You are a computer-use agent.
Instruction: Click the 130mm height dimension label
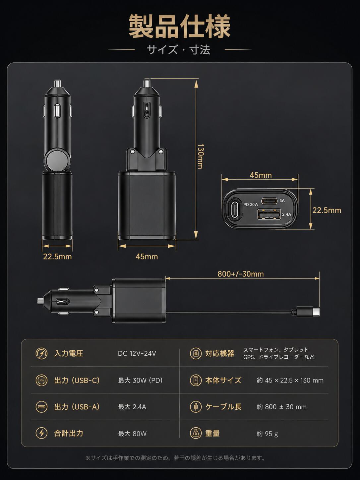[x=200, y=156]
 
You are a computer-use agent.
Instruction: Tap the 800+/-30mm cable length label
[x=240, y=274]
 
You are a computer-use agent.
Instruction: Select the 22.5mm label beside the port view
[x=327, y=210]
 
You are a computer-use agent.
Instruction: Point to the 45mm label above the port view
[x=261, y=175]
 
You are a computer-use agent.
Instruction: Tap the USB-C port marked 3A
[x=269, y=201]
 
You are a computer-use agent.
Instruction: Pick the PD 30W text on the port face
[x=251, y=205]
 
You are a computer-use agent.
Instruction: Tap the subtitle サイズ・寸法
[x=179, y=50]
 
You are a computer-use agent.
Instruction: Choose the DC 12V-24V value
[x=137, y=353]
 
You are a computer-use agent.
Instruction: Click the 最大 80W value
[x=132, y=433]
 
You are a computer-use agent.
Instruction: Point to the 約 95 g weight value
[x=267, y=433]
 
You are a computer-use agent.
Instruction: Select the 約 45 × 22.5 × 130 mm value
[x=290, y=380]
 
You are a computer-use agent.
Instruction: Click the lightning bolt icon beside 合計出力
[x=41, y=433]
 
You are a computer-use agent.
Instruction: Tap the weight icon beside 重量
[x=196, y=433]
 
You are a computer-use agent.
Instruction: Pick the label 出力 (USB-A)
[x=77, y=407]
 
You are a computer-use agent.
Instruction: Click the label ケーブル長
[x=223, y=407]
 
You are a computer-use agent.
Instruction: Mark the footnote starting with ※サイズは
[x=175, y=458]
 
